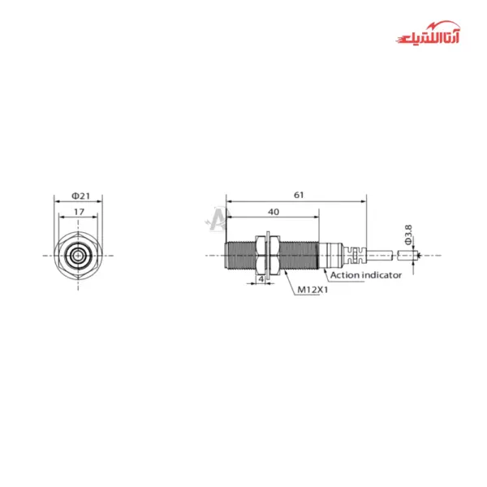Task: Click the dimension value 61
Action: (298, 195)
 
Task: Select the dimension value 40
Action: (274, 211)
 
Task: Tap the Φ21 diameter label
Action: (80, 195)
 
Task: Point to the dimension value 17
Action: (79, 211)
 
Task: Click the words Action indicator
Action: (364, 275)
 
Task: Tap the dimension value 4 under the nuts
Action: (261, 278)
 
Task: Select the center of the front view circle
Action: (78, 255)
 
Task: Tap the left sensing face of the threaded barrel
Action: (227, 255)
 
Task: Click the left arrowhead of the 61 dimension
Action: (229, 200)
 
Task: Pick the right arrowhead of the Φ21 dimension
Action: (98, 200)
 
